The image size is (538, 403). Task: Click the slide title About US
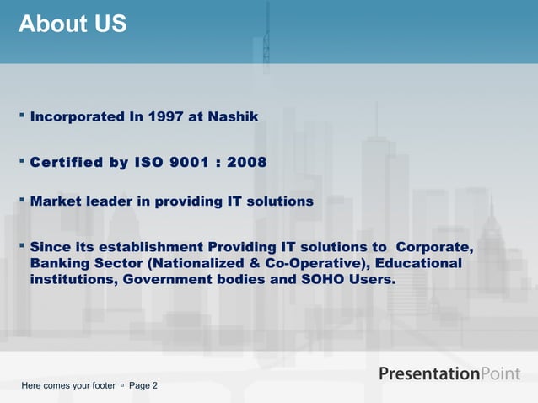(x=73, y=24)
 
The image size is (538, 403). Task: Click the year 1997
(x=164, y=117)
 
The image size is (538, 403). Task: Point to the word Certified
(x=67, y=162)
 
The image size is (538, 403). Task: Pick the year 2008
(x=245, y=162)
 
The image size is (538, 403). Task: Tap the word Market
(x=55, y=202)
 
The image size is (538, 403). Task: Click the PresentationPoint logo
(x=449, y=373)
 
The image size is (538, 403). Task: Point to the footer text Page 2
(x=143, y=385)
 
